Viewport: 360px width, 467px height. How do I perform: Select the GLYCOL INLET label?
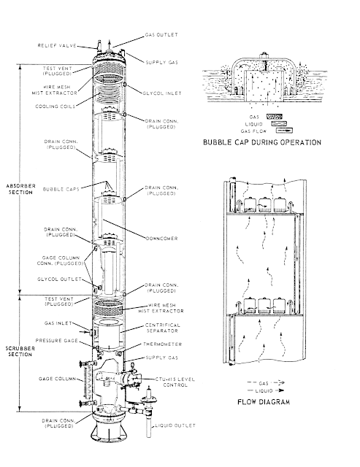[x=160, y=92]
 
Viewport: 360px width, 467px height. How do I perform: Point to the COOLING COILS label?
[x=57, y=105]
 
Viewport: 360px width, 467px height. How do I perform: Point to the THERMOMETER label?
[x=165, y=344]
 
